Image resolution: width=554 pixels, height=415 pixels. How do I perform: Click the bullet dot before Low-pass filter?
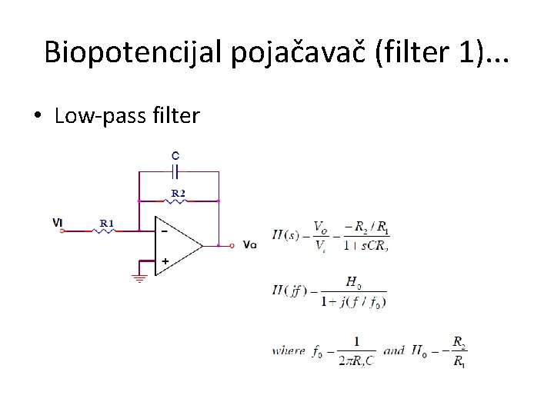[x=37, y=117]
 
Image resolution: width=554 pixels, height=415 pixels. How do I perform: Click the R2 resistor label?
[x=178, y=194]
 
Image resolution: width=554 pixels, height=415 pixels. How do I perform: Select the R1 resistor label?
[x=107, y=224]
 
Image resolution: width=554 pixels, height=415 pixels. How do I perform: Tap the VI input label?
[x=58, y=223]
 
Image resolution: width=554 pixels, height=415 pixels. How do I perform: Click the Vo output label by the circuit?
[x=249, y=245]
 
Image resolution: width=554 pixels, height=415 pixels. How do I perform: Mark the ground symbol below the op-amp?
[x=139, y=277]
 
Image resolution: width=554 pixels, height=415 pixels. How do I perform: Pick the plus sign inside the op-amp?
[x=165, y=261]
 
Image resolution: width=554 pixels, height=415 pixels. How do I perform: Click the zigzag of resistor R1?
[x=105, y=230]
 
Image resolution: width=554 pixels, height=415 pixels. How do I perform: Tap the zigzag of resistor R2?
[x=178, y=201]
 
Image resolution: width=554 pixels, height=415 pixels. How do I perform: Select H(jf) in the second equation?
[x=289, y=290]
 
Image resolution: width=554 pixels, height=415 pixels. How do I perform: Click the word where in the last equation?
[x=289, y=350]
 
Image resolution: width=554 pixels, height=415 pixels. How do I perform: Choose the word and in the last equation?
[x=393, y=350]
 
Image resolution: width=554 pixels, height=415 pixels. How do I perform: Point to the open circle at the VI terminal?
[x=62, y=230]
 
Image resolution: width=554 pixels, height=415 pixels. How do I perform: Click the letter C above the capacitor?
[x=176, y=154]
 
